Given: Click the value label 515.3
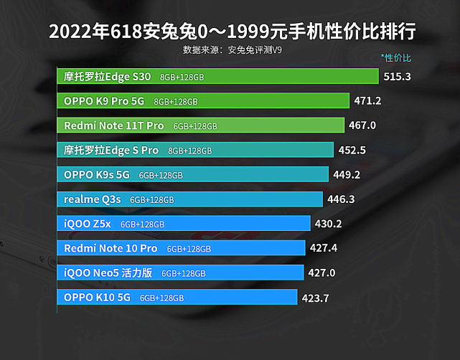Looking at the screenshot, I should [397, 76].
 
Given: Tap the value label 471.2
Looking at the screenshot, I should [367, 100].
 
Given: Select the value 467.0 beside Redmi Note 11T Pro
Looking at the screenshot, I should [362, 125].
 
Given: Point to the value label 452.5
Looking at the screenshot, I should [352, 150].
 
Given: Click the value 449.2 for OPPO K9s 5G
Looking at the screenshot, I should [347, 174].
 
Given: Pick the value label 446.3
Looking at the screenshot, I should [341, 199].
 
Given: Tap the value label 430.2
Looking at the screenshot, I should [328, 224].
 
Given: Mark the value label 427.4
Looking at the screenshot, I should [323, 248].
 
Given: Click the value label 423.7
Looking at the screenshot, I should [315, 298].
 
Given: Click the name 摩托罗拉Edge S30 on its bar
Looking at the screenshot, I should [107, 76].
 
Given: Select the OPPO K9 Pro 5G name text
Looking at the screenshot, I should [104, 101].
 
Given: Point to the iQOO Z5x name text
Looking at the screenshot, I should [88, 224].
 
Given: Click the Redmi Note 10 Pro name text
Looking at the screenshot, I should [111, 248].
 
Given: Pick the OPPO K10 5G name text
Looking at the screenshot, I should [97, 298].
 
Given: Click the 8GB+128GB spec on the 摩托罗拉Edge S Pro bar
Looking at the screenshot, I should [190, 151].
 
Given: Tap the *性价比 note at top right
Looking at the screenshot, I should [396, 57].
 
